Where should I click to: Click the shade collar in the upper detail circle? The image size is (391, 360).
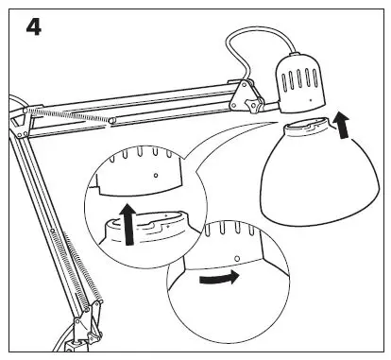(142, 227)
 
